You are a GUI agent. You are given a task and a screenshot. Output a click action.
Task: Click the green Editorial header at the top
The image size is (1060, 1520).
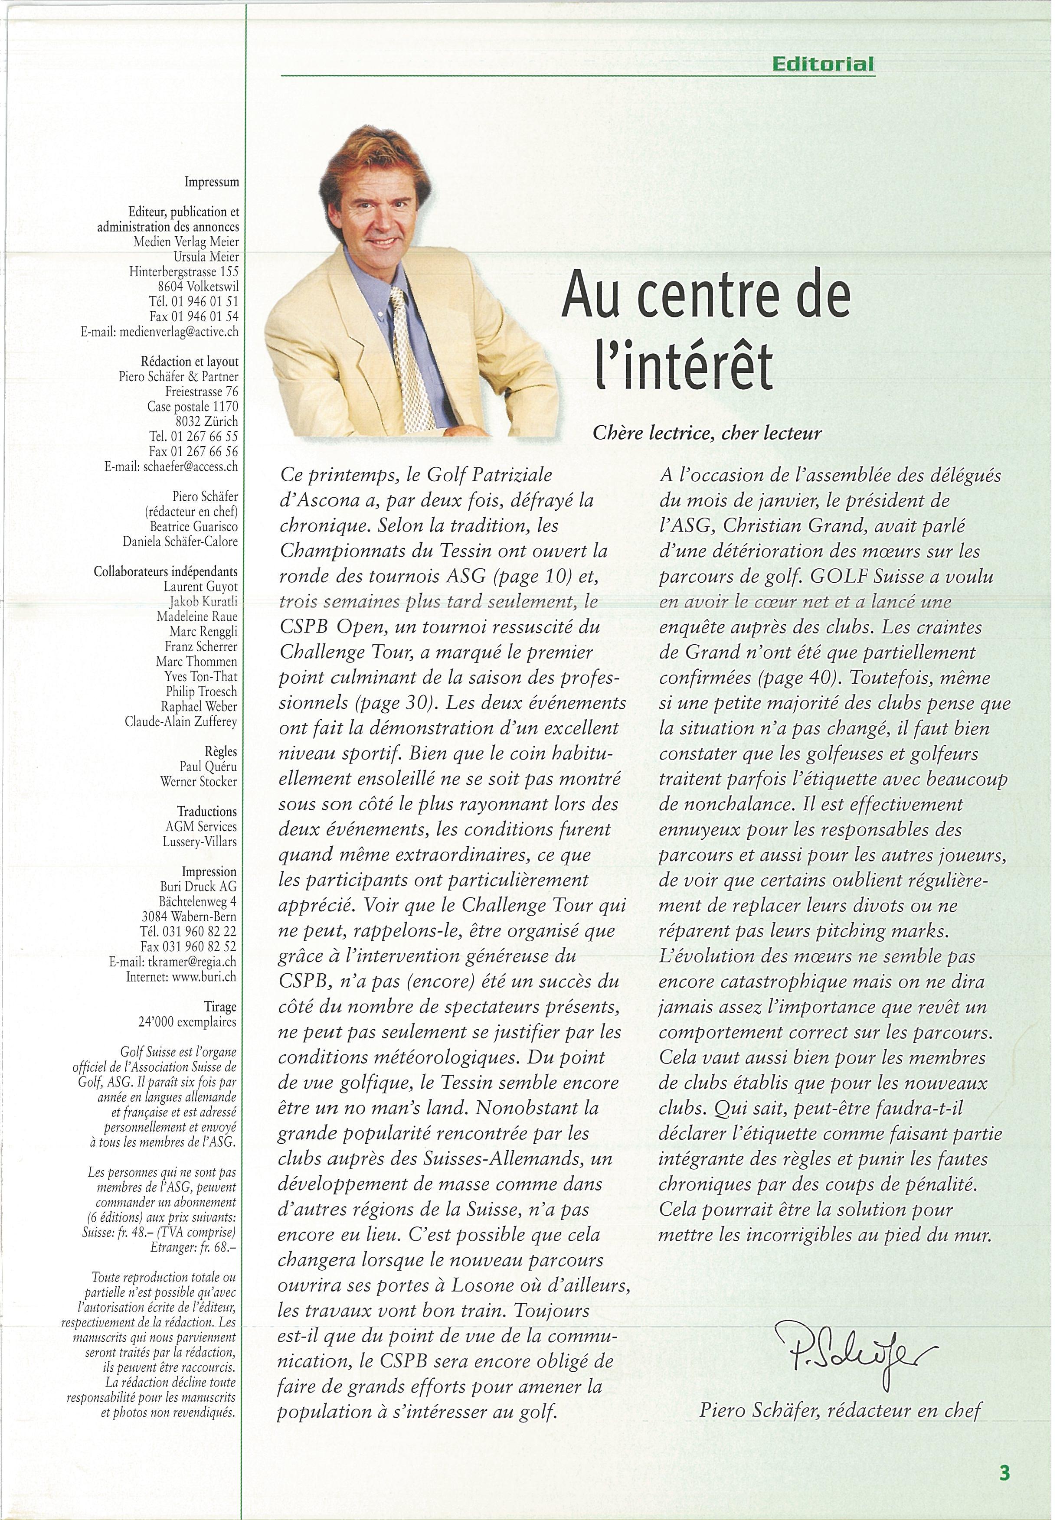(x=822, y=64)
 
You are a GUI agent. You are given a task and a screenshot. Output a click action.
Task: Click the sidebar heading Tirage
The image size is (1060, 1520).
(x=220, y=1007)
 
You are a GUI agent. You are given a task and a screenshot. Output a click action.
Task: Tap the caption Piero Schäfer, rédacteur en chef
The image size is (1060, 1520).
(x=840, y=1409)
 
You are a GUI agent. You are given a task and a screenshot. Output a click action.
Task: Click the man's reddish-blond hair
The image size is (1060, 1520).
(x=367, y=149)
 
